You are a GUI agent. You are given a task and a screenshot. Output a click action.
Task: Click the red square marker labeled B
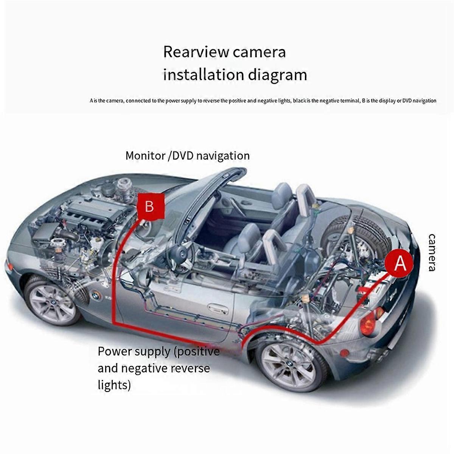150,207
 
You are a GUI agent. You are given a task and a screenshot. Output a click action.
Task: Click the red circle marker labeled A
400,263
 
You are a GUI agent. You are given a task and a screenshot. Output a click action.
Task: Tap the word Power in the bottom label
114,351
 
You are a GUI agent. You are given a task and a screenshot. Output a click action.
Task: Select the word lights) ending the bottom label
114,385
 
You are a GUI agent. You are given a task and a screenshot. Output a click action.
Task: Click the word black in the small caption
299,101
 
